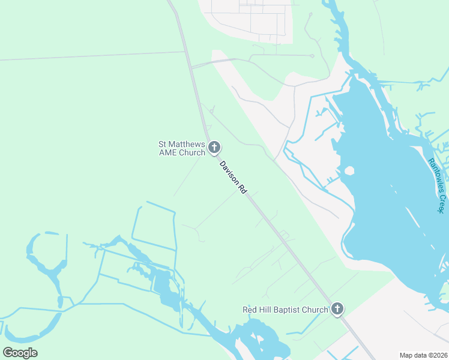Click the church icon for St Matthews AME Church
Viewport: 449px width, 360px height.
click(x=214, y=148)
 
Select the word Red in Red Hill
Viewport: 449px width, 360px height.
click(x=250, y=310)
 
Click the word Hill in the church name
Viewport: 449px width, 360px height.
click(x=265, y=310)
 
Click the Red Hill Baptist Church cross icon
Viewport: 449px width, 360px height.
click(x=337, y=310)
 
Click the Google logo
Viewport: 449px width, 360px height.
click(x=20, y=353)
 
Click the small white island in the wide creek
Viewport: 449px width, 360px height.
click(x=349, y=170)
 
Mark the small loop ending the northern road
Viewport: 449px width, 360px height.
click(x=312, y=56)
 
